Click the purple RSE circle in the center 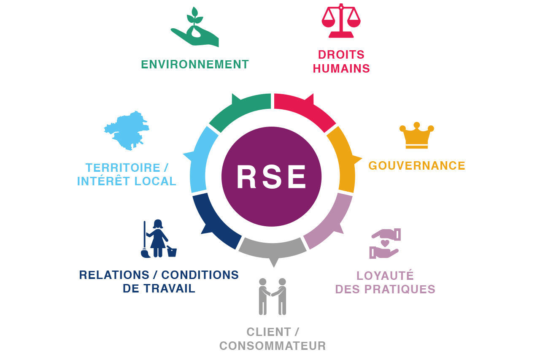point(271,176)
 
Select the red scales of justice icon point(341,21)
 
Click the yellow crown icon point(416,136)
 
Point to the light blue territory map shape point(127,130)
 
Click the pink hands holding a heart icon point(384,244)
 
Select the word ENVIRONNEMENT point(195,65)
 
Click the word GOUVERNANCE point(417,165)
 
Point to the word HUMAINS point(341,68)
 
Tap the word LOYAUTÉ point(385,276)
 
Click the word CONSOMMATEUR point(273,346)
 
